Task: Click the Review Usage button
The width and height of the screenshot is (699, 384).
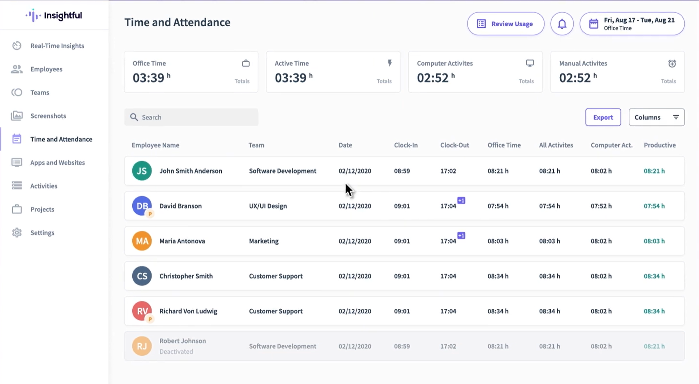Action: coord(506,24)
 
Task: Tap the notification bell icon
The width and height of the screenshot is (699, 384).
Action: coord(562,24)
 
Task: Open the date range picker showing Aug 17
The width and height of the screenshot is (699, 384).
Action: coord(632,24)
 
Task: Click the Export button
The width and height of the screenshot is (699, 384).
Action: coord(603,117)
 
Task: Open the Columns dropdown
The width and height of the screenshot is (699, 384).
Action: coord(656,117)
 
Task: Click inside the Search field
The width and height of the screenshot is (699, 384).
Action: coord(191,117)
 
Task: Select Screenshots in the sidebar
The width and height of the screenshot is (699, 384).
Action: coord(48,116)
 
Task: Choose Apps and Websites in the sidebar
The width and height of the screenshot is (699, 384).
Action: coord(57,163)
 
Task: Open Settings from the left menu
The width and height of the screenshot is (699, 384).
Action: coord(42,233)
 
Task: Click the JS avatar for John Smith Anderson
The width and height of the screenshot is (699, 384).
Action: coord(142,171)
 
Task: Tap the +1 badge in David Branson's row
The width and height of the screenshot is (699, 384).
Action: coord(461,200)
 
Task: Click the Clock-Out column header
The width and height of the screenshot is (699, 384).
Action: coord(454,145)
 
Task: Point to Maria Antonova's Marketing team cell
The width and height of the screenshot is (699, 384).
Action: coord(264,241)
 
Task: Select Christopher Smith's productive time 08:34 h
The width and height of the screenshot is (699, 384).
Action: coord(654,276)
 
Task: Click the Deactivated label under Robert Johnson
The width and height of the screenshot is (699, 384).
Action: coord(176,352)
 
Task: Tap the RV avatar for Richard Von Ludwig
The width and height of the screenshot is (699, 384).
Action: coord(142,311)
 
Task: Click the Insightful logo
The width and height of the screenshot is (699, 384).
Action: coord(54,16)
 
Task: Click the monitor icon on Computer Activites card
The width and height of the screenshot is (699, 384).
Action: coord(530,63)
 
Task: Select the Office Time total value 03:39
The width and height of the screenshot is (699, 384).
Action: coord(148,78)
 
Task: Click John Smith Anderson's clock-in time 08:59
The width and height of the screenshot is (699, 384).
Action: coord(402,171)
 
